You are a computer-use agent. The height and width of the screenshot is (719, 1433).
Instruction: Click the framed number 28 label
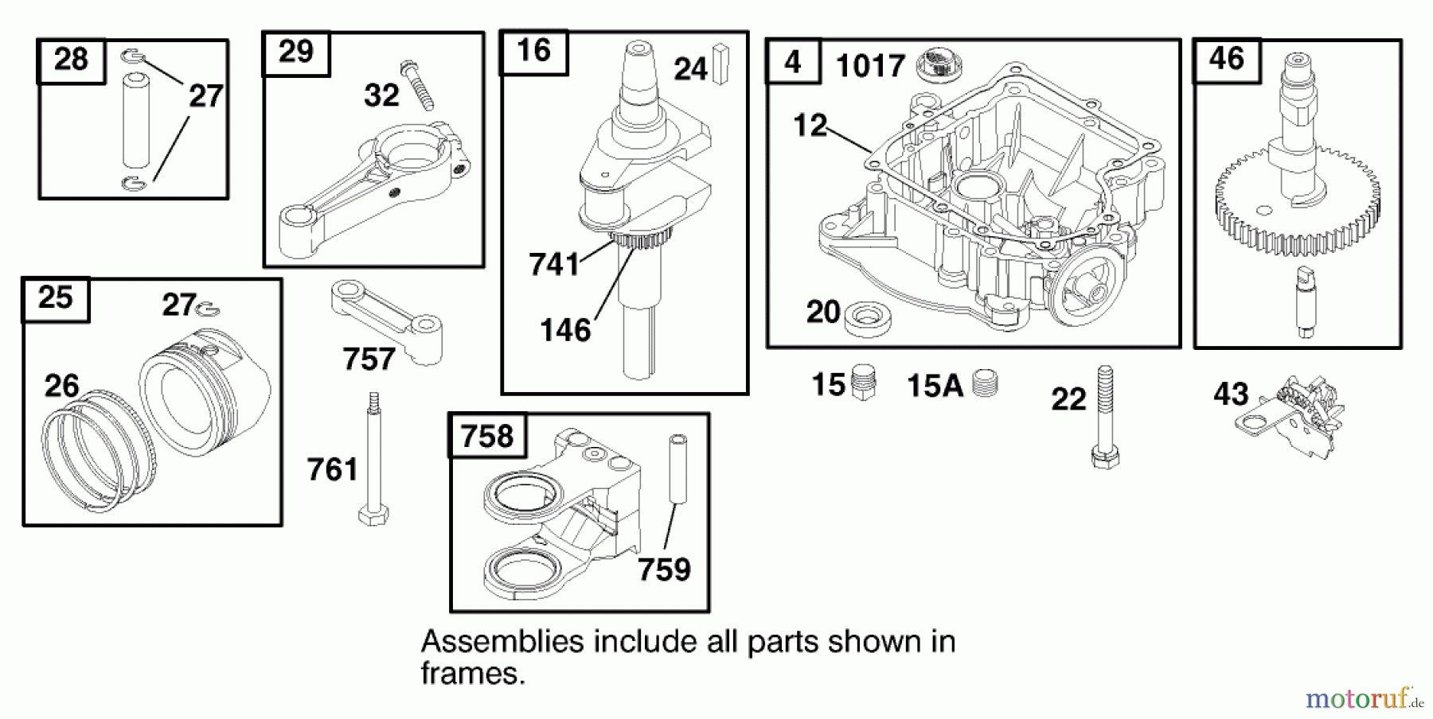71,60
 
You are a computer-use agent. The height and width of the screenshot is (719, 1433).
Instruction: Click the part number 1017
870,66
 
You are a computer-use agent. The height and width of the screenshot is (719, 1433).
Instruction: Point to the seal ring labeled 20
867,318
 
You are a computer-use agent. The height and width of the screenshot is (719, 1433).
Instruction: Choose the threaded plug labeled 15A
986,383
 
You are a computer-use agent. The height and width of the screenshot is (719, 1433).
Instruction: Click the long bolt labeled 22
1104,418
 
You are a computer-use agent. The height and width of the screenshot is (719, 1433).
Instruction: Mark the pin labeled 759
677,469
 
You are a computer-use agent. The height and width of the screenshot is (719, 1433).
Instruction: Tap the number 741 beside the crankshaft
554,265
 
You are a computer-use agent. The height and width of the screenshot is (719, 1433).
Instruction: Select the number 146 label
564,330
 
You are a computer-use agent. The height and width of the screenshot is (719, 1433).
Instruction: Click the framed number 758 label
487,436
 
